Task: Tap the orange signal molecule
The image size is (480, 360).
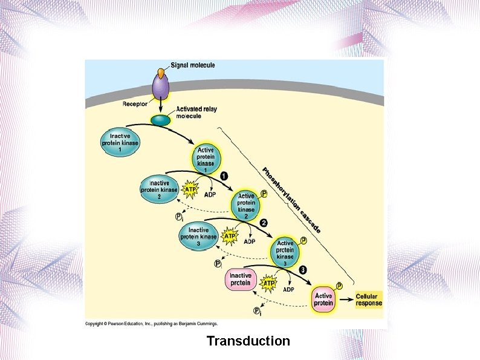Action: pos(160,72)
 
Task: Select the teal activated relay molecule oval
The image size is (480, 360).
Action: pos(161,120)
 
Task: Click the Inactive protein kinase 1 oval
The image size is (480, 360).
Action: pos(120,143)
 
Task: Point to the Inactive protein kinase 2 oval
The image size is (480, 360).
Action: pos(159,189)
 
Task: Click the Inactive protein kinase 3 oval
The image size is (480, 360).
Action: pos(198,235)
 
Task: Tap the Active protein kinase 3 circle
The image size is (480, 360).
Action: pos(285,252)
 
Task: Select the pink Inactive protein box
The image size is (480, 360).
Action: pos(241,280)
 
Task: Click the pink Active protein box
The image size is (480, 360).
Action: pos(323,299)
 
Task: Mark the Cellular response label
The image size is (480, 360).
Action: pos(368,299)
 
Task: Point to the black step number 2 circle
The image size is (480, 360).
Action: pos(264,223)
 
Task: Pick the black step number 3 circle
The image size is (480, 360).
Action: pos(303,269)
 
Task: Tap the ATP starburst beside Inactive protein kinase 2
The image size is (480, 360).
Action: pos(190,189)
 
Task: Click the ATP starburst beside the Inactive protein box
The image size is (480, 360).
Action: pos(269,283)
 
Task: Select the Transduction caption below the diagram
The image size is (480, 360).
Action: pos(248,341)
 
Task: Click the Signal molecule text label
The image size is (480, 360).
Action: pos(193,65)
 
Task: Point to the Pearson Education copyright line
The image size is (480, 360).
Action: pos(151,324)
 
